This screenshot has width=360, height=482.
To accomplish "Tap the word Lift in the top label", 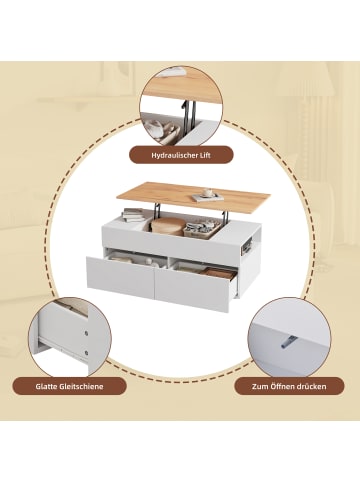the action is coord(204,155).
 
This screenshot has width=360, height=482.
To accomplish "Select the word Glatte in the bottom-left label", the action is coord(46,387).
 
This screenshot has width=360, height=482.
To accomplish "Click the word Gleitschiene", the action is coord(82,387).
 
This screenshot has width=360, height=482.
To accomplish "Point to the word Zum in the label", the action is coord(259,387).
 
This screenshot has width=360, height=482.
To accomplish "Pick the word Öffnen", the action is coord(280,386).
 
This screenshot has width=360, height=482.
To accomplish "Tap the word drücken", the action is coord(310,387).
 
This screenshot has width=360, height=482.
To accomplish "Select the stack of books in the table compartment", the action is coord(133,214).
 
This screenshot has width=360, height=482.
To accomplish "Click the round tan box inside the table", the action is coord(168,226).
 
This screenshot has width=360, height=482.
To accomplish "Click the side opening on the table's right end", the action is coord(245,246).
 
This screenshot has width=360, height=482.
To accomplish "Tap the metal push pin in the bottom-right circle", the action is coord(288,343).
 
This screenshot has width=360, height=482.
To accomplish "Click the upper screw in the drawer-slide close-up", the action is coord(87,333).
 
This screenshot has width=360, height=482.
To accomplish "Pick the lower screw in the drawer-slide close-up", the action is coord(87,351).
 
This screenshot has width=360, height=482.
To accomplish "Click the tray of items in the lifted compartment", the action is coord(202,229).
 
